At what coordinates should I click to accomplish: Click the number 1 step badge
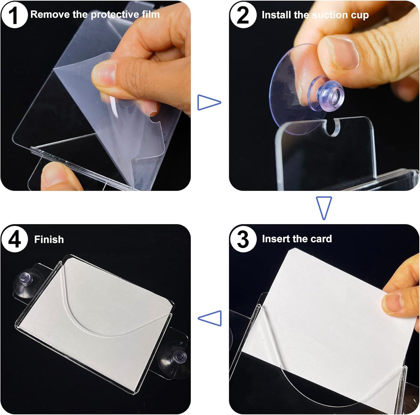tap(15, 15)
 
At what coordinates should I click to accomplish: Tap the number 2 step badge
tap(243, 15)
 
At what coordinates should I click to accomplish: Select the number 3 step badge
tap(243, 239)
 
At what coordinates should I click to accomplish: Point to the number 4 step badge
tap(15, 239)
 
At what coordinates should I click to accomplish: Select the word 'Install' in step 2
tap(276, 15)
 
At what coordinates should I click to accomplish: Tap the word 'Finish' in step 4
tap(49, 239)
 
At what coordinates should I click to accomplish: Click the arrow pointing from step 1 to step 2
tap(209, 103)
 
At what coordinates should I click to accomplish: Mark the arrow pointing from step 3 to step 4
tap(210, 318)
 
